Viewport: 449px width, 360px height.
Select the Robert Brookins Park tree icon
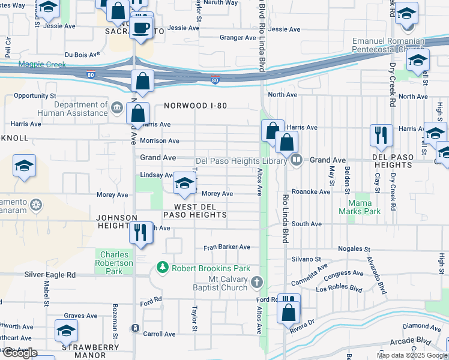(162, 267)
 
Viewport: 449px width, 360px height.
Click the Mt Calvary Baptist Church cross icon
(256, 282)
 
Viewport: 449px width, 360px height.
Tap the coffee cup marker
(141, 28)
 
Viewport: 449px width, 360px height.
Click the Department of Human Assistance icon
(116, 109)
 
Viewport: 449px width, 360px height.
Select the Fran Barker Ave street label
(227, 247)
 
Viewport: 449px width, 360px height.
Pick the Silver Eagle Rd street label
(50, 274)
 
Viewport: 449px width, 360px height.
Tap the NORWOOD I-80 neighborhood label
(196, 106)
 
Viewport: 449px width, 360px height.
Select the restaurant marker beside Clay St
(381, 136)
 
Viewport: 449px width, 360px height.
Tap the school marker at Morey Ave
(184, 184)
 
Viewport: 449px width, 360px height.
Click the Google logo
(20, 353)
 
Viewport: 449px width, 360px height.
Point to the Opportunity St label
(35, 95)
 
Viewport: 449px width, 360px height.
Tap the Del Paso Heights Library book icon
(295, 160)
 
